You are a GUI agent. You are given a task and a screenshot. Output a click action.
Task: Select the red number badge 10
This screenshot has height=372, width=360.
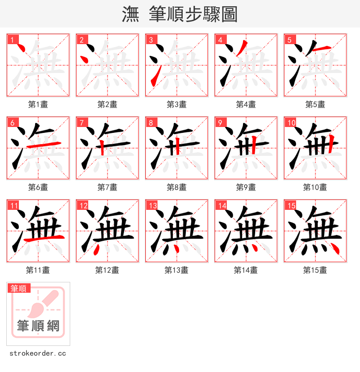[291, 122]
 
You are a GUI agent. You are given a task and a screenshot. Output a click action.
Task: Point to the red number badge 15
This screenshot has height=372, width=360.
[291, 205]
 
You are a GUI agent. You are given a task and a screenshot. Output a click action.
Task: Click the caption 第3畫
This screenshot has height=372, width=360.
[176, 104]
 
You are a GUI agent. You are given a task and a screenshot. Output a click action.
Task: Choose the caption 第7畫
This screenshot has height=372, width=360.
[107, 187]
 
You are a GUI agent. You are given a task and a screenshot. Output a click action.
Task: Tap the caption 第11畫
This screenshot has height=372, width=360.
[38, 270]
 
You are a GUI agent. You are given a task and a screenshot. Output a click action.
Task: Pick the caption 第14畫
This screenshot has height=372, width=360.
[246, 270]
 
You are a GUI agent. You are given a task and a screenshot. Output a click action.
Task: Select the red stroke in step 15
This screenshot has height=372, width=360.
[334, 248]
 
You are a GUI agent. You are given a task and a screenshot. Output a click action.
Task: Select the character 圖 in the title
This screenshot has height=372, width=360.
[229, 14]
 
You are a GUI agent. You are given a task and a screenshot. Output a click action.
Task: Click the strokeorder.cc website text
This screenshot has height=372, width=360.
[38, 354]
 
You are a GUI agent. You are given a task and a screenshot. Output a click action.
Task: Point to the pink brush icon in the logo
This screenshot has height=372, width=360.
[43, 304]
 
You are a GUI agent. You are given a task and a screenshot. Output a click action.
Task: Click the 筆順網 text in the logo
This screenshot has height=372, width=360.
[38, 326]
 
